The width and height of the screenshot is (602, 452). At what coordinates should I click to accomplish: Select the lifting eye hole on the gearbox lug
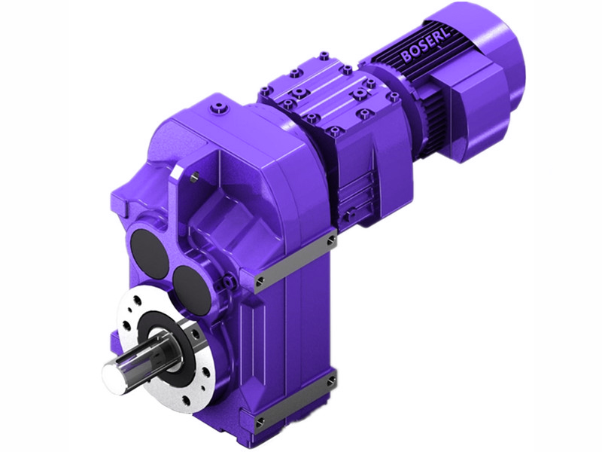195,176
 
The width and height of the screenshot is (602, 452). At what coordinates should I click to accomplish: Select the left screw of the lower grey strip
260,419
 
